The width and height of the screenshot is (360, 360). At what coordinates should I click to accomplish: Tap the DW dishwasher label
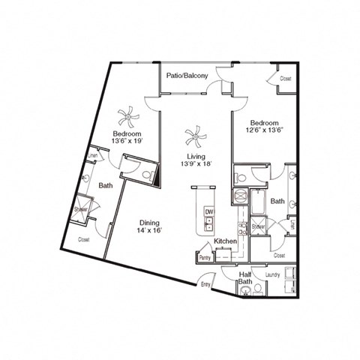(209, 211)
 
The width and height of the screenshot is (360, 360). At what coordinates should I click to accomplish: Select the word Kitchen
(226, 241)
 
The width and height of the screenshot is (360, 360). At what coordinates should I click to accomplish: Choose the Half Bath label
(244, 279)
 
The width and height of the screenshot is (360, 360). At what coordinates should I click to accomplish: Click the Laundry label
(273, 275)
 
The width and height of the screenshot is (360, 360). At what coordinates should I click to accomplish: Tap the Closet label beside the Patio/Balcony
(285, 78)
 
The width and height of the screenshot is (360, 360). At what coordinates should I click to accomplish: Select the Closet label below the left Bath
(84, 239)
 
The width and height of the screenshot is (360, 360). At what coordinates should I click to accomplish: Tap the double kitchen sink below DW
(209, 226)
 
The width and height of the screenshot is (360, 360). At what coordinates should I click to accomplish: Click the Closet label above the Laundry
(280, 255)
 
